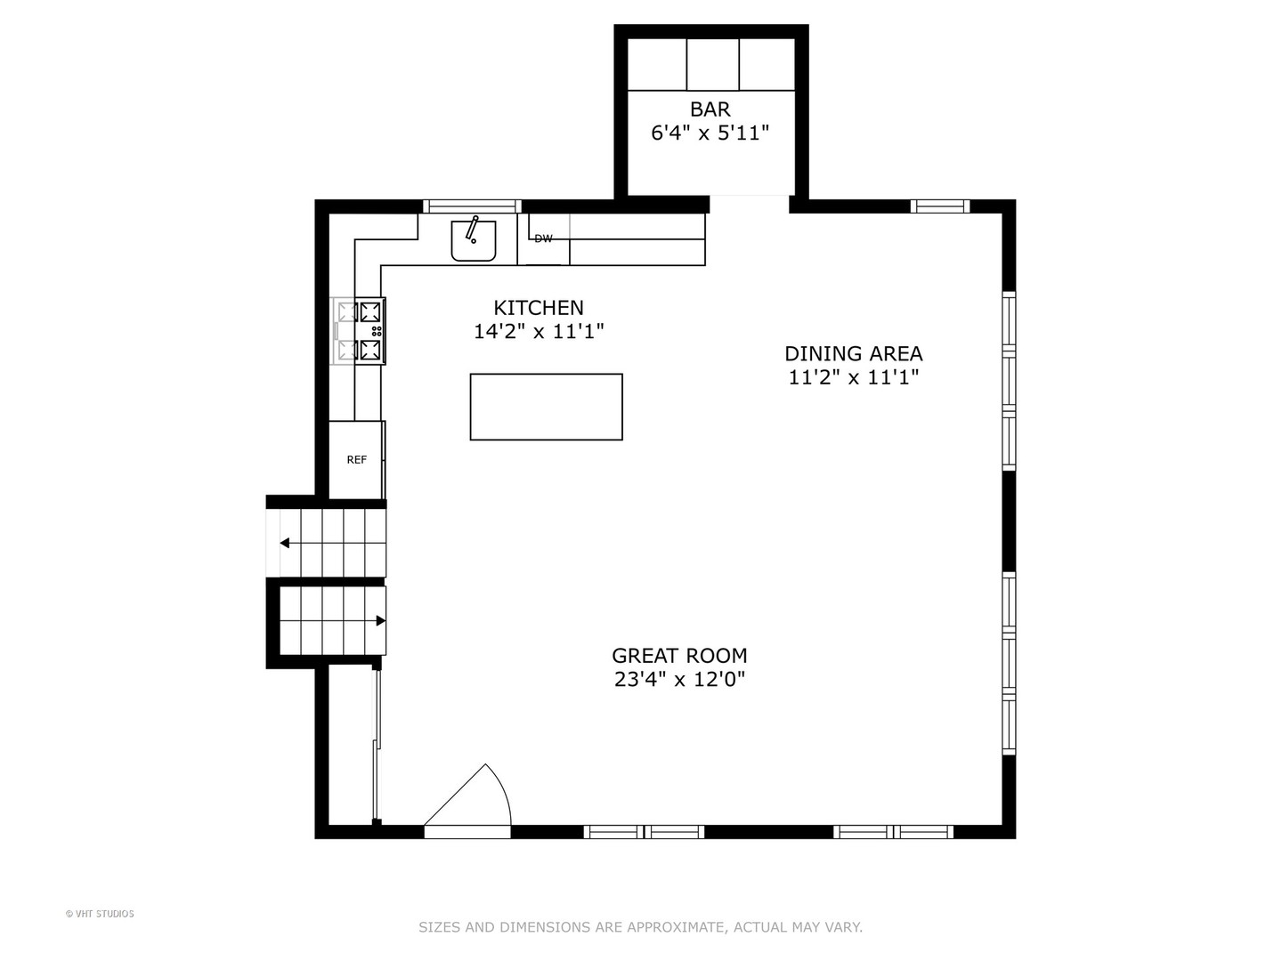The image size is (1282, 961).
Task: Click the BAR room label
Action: coord(710,109)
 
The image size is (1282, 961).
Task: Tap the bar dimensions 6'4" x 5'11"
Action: coord(710,133)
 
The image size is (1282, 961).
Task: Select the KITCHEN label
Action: coord(538,308)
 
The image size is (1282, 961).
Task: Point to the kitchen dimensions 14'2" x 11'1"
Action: coord(538,331)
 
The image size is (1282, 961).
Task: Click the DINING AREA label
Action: coord(853,353)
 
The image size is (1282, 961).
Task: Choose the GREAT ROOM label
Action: coord(679,656)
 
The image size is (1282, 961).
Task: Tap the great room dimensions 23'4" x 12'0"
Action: coord(679,680)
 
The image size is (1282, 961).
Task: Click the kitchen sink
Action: coord(473,240)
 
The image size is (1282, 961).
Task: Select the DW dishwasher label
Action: coord(543,238)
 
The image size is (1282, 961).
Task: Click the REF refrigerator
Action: coord(356,460)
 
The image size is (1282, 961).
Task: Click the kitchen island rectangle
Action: coord(546,407)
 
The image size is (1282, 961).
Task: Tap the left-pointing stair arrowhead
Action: coord(284,543)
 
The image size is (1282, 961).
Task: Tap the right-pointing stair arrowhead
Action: coord(380,620)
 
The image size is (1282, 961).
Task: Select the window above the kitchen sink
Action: coord(472,206)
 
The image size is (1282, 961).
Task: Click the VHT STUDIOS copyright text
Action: coord(100,914)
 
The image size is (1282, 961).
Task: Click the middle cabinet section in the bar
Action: coord(712,64)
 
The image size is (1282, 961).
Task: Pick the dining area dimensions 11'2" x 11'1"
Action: coord(853,377)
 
